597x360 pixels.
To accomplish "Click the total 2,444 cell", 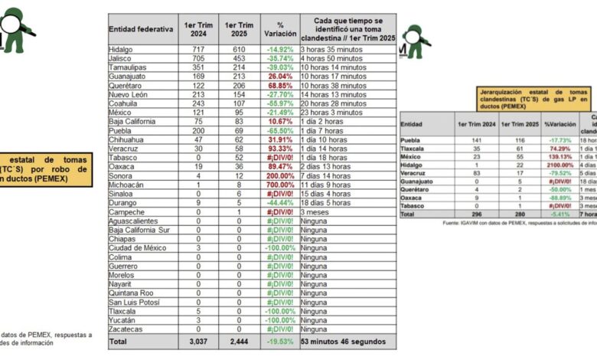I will pos(240,341).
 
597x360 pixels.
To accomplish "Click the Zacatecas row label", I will pos(127,329).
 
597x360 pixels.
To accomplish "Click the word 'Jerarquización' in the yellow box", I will pos(497,91).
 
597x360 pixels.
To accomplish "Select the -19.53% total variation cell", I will pos(280,341).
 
